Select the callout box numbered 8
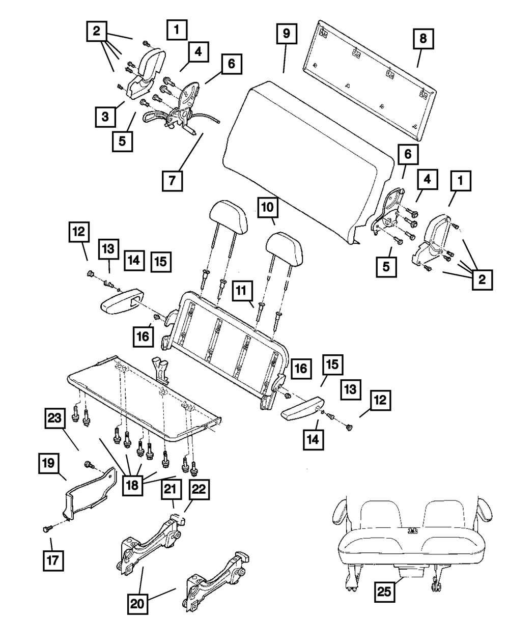[423, 39]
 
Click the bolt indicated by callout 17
[46, 530]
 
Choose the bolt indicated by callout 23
[90, 464]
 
